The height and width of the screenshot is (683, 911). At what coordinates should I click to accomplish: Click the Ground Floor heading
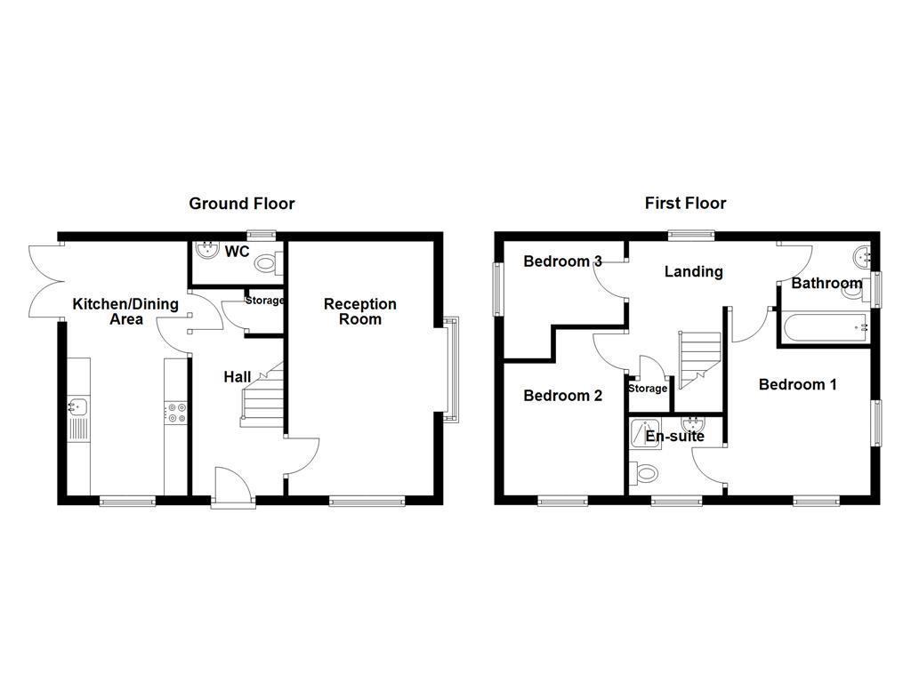coord(241,204)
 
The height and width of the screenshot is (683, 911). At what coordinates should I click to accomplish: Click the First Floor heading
coord(685,204)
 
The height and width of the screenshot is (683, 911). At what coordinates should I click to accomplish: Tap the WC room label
coord(237,252)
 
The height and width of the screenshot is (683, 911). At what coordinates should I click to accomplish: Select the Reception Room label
coord(359,311)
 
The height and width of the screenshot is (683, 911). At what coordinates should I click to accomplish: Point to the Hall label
coord(237,377)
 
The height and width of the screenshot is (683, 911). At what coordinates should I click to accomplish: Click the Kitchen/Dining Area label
coord(125,311)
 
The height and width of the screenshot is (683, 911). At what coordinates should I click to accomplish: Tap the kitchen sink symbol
coord(77,407)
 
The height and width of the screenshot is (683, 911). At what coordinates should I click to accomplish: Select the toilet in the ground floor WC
coord(266,263)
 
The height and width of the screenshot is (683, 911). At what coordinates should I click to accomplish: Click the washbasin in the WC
coord(207,250)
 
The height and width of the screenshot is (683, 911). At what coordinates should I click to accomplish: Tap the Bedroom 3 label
coord(562,261)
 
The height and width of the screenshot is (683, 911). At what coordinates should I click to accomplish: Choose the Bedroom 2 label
coord(562,396)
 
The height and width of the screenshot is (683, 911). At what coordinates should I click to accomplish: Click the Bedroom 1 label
coord(797,384)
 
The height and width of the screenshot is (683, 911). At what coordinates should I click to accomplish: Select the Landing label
coord(693,271)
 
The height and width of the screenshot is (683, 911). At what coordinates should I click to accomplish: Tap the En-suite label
coord(674,437)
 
